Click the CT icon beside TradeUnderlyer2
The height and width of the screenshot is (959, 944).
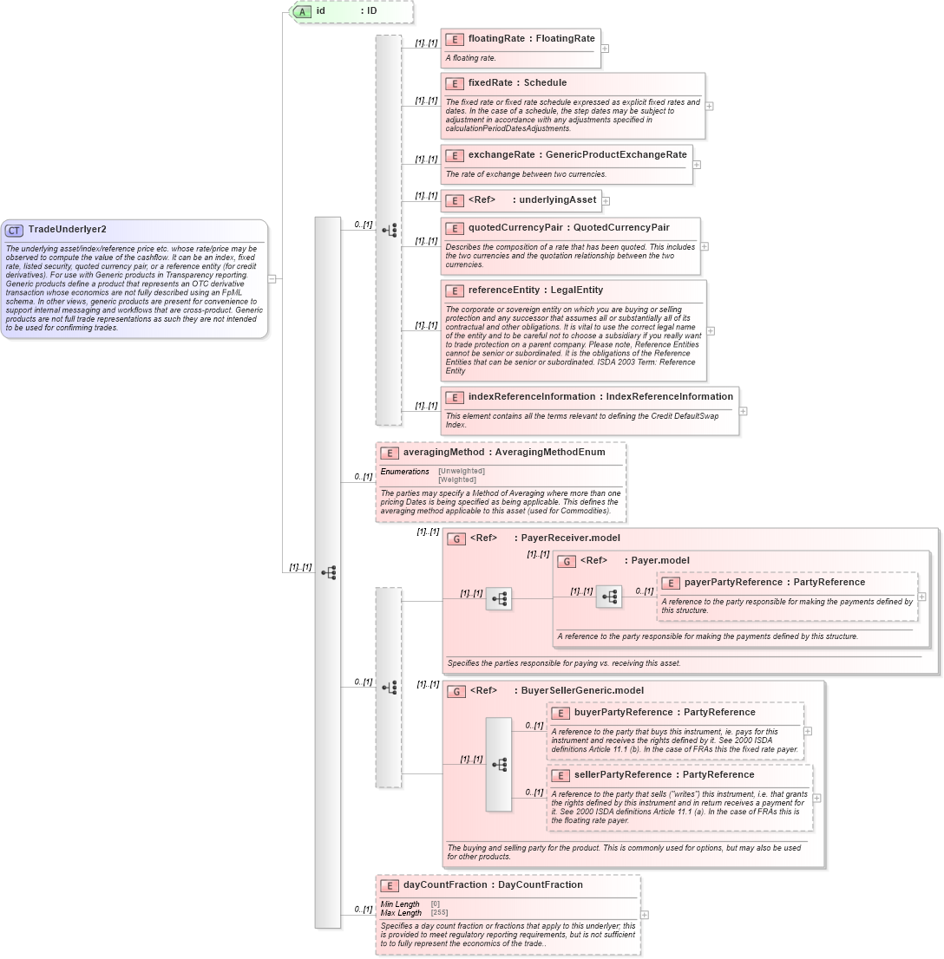click(x=15, y=230)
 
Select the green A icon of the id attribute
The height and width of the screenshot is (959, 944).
click(x=302, y=11)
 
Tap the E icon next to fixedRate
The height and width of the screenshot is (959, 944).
click(x=454, y=83)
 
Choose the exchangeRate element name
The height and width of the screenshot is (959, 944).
click(x=501, y=154)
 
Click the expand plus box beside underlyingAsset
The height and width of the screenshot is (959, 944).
click(x=606, y=201)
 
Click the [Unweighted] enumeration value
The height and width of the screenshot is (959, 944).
click(x=461, y=471)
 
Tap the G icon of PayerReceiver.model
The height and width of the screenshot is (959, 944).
click(x=456, y=538)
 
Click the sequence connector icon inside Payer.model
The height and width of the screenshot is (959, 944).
click(x=609, y=597)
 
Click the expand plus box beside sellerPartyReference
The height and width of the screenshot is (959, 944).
click(x=816, y=798)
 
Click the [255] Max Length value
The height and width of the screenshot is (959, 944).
click(x=440, y=912)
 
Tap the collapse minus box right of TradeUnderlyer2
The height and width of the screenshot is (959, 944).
click(x=272, y=279)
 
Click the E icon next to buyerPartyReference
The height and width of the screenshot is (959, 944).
click(x=560, y=713)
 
